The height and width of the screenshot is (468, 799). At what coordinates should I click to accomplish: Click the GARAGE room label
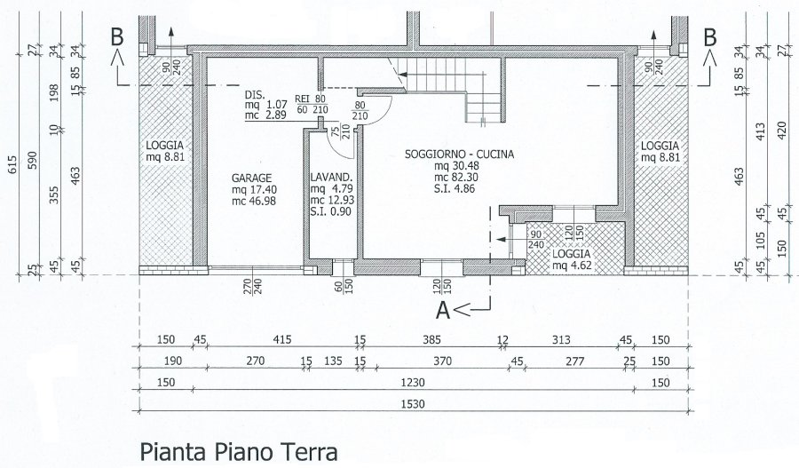click(x=252, y=178)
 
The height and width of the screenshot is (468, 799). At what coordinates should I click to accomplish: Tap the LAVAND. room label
click(x=332, y=178)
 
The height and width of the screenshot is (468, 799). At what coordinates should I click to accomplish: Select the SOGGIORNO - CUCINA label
click(x=459, y=154)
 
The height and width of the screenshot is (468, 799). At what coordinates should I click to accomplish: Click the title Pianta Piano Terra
click(x=239, y=452)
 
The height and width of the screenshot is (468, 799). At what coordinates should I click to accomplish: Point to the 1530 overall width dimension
click(x=413, y=404)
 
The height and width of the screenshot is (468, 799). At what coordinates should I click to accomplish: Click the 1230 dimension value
click(x=413, y=383)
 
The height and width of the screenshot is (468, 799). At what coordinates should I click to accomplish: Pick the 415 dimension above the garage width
click(x=281, y=339)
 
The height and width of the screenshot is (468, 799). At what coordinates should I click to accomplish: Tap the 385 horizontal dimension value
click(x=431, y=339)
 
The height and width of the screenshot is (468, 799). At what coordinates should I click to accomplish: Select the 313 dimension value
click(x=561, y=339)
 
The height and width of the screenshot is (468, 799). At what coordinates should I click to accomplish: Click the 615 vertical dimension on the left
click(x=12, y=164)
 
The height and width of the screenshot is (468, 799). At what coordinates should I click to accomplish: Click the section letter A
click(x=443, y=310)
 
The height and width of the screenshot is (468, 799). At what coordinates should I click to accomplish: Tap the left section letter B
click(x=117, y=37)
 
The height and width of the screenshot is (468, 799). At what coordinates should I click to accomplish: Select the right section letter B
click(x=710, y=37)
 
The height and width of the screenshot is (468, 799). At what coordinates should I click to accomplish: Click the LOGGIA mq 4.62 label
click(x=571, y=259)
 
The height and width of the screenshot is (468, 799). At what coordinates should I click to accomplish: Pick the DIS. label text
click(x=255, y=95)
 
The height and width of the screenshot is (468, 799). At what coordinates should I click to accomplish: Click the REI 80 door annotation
click(x=311, y=99)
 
